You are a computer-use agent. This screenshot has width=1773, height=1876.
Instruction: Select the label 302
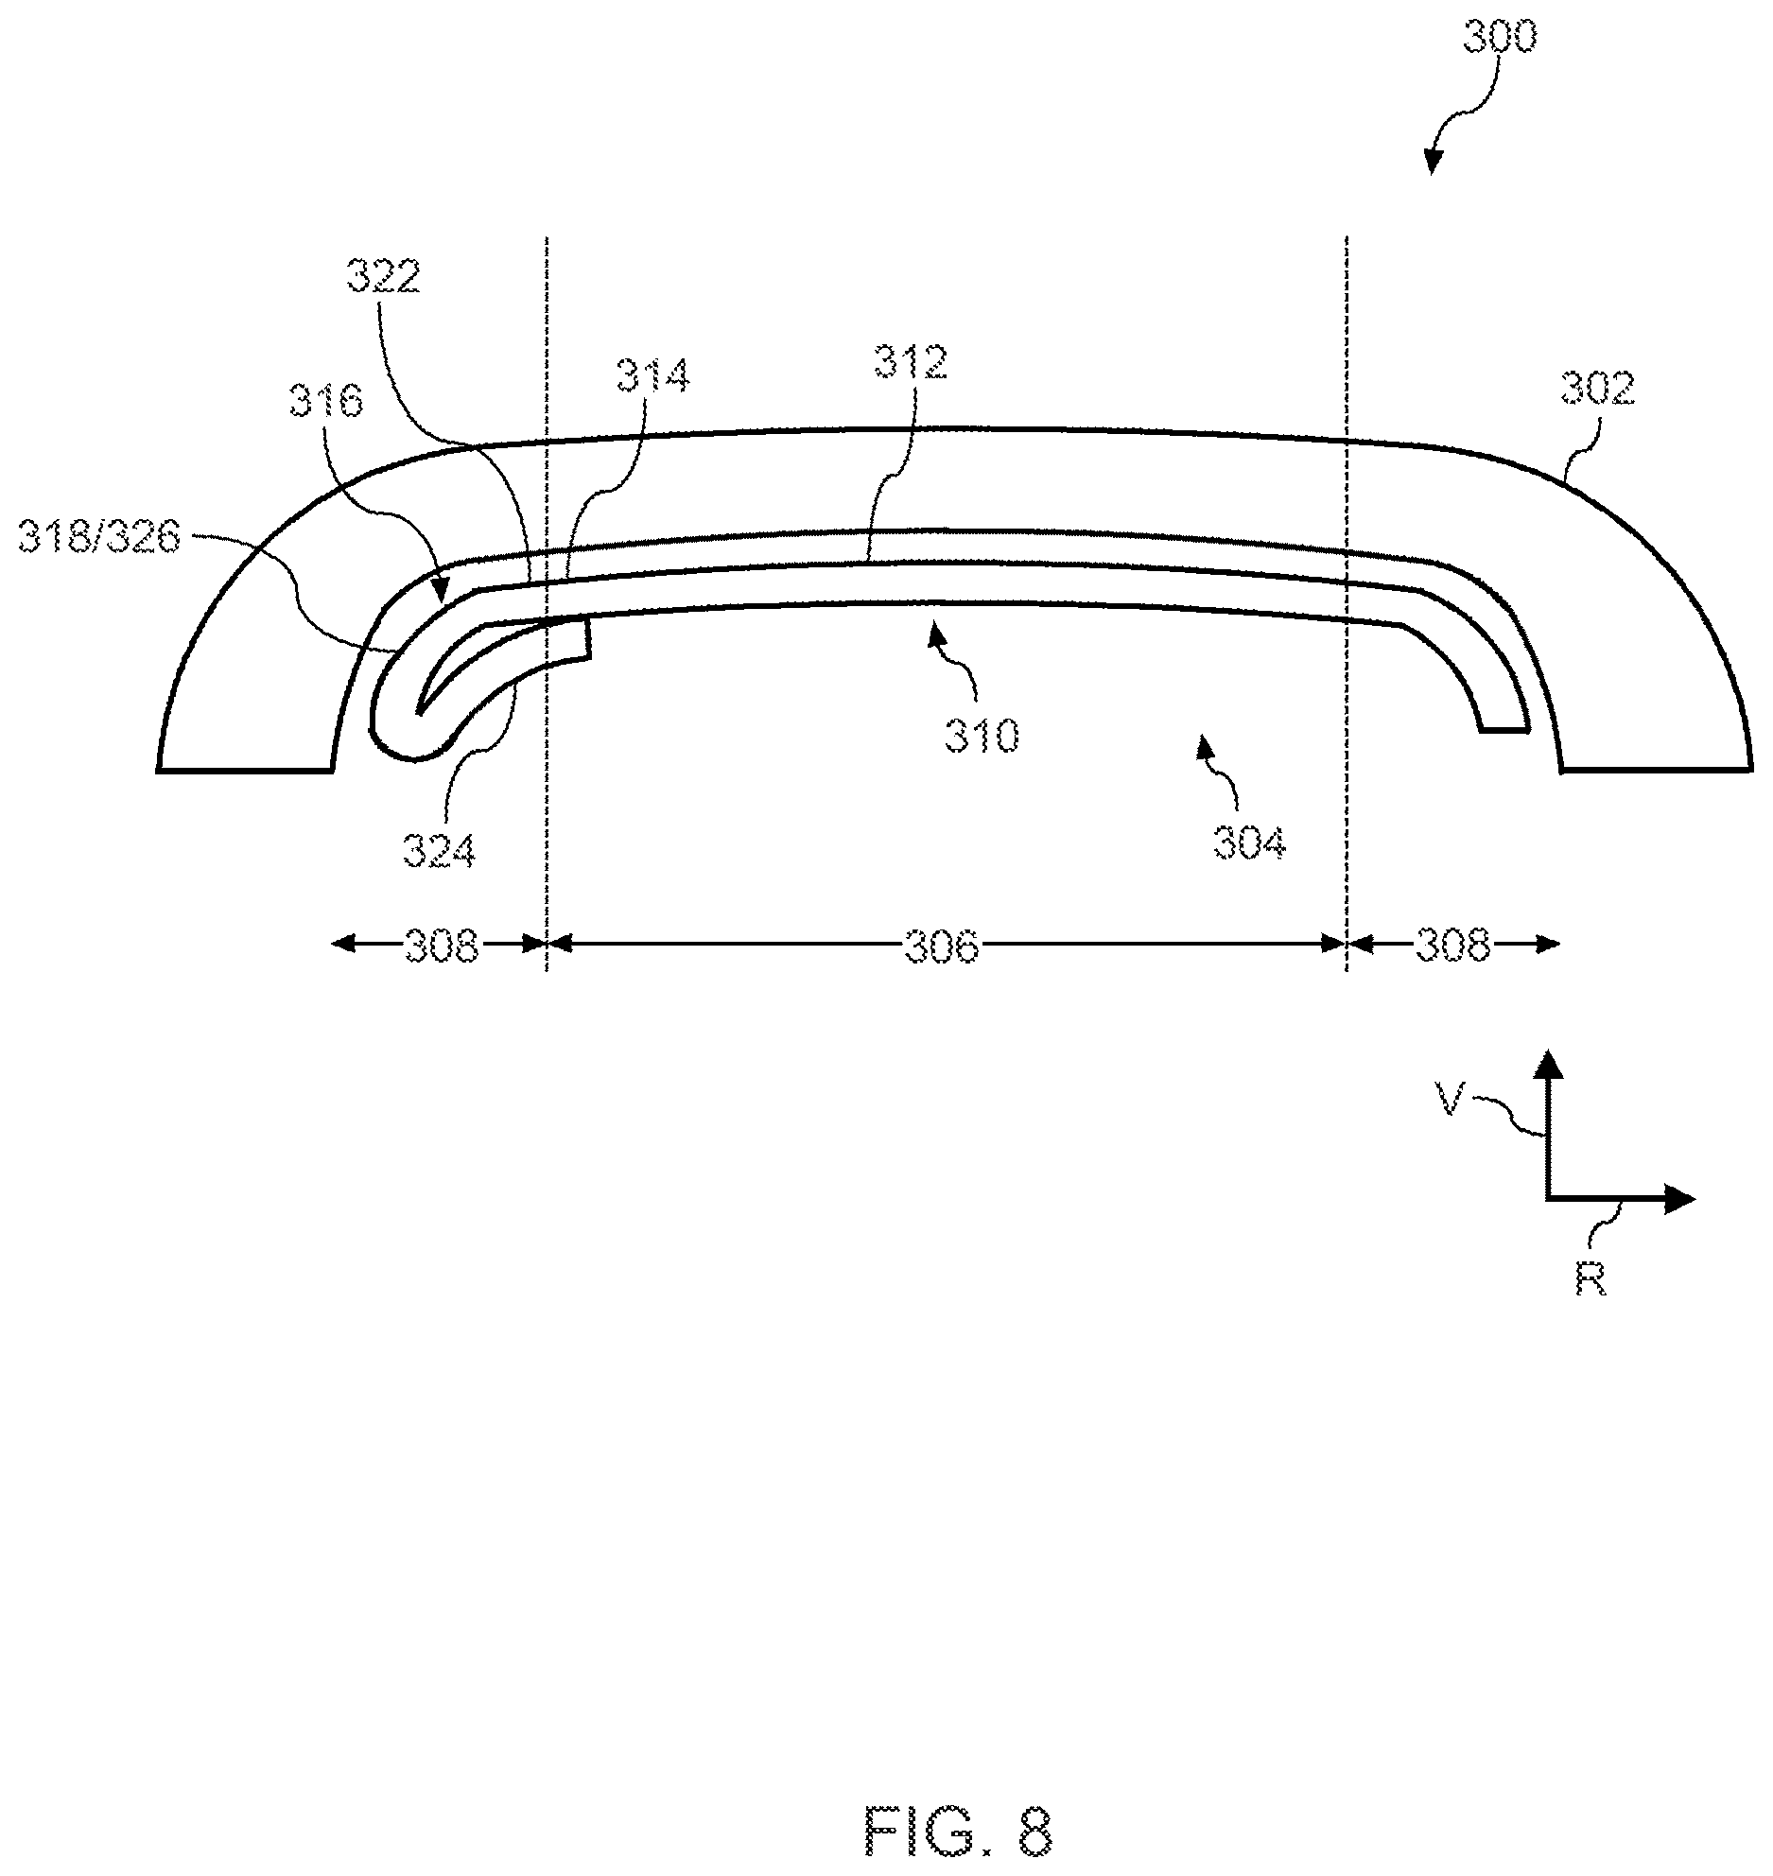pyautogui.click(x=1597, y=389)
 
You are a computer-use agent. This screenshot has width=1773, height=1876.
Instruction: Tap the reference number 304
pyautogui.click(x=1250, y=842)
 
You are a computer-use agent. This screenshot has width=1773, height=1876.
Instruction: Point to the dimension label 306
pyautogui.click(x=941, y=946)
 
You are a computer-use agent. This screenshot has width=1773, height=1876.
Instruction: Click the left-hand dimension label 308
pyautogui.click(x=442, y=946)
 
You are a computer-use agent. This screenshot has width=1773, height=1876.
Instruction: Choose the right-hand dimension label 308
pyautogui.click(x=1452, y=946)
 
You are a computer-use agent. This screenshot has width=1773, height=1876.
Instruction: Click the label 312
pyautogui.click(x=911, y=363)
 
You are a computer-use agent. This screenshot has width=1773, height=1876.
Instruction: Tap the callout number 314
pyautogui.click(x=653, y=375)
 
